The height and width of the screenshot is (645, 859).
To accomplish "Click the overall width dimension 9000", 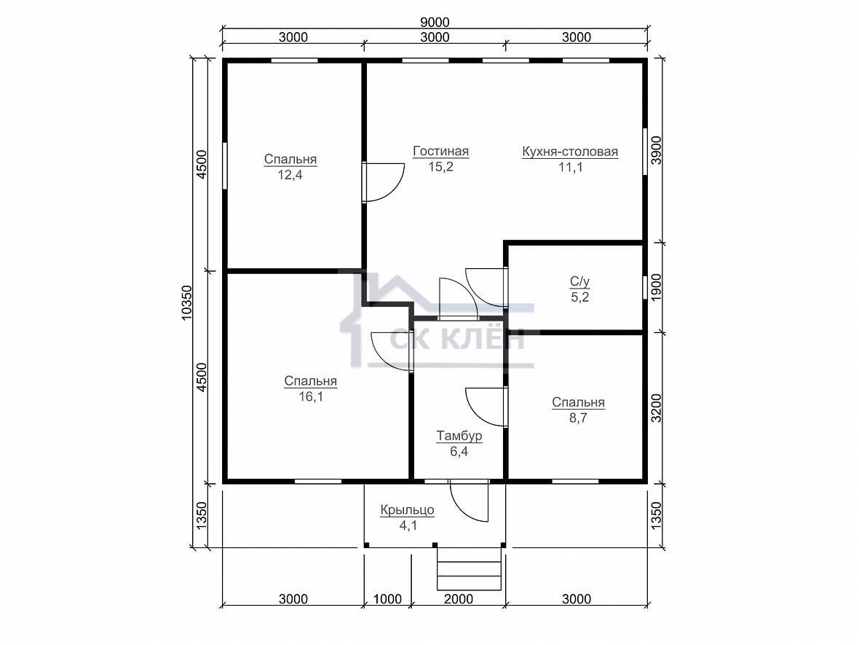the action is pyautogui.click(x=435, y=23).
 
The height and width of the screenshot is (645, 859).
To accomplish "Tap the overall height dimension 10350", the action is pyautogui.click(x=187, y=302).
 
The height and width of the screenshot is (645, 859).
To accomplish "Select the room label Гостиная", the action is pyautogui.click(x=441, y=152).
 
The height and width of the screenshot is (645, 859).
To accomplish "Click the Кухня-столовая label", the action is pyautogui.click(x=570, y=152).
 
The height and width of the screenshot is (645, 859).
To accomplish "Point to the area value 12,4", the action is pyautogui.click(x=290, y=175).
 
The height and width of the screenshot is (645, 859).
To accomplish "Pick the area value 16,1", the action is pyautogui.click(x=311, y=396).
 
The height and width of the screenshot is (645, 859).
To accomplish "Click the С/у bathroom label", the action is pyautogui.click(x=579, y=282).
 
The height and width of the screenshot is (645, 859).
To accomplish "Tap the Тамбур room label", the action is pyautogui.click(x=459, y=436).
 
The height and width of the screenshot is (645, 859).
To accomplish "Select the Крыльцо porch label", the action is pyautogui.click(x=408, y=510).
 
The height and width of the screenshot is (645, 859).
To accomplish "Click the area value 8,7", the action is pyautogui.click(x=578, y=418).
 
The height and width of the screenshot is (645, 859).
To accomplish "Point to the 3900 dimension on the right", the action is pyautogui.click(x=656, y=150).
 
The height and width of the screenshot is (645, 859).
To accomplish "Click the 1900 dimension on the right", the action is pyautogui.click(x=656, y=287).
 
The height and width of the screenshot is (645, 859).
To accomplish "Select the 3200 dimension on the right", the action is pyautogui.click(x=656, y=408).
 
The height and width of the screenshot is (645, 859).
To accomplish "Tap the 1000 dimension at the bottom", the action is pyautogui.click(x=387, y=599).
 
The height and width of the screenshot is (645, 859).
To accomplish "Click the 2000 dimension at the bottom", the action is pyautogui.click(x=459, y=599).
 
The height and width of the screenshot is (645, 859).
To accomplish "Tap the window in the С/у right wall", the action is pyautogui.click(x=645, y=287).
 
